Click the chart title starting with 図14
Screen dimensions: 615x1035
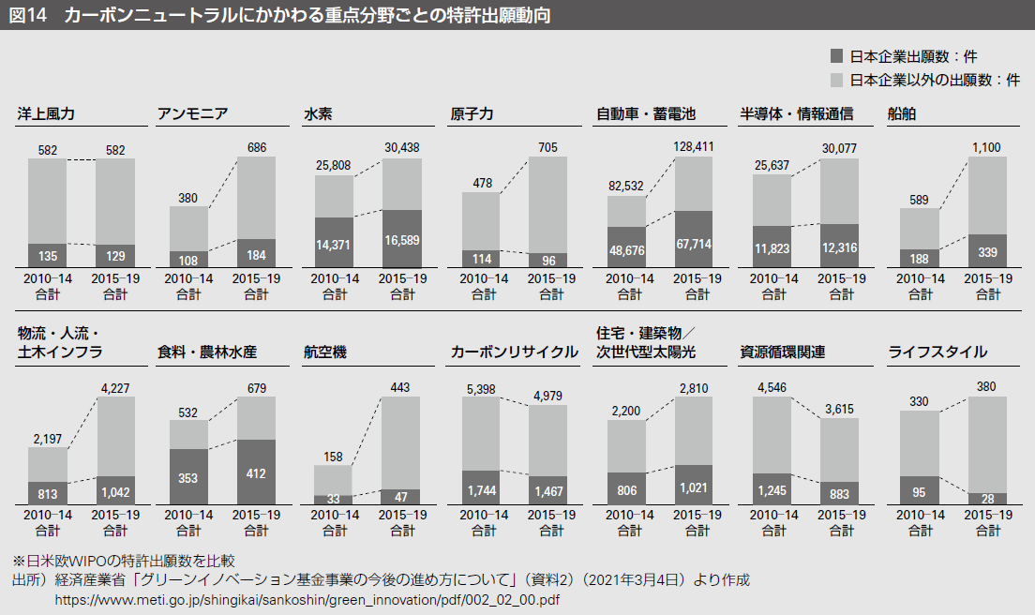281,14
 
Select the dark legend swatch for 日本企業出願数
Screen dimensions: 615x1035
837,56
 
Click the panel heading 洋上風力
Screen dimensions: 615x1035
46,114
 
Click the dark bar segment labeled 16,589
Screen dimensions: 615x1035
401,239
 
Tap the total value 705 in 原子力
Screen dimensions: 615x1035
547,147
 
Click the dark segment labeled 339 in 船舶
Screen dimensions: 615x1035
987,250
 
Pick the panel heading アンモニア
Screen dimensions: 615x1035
193,114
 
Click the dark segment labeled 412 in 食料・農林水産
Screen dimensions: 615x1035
256,473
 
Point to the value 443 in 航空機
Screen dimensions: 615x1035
401,387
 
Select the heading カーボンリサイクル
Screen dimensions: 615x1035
514,352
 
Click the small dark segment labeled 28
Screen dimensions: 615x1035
987,499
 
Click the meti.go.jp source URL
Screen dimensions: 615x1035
309,598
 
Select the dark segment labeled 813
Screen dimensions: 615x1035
47,493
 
